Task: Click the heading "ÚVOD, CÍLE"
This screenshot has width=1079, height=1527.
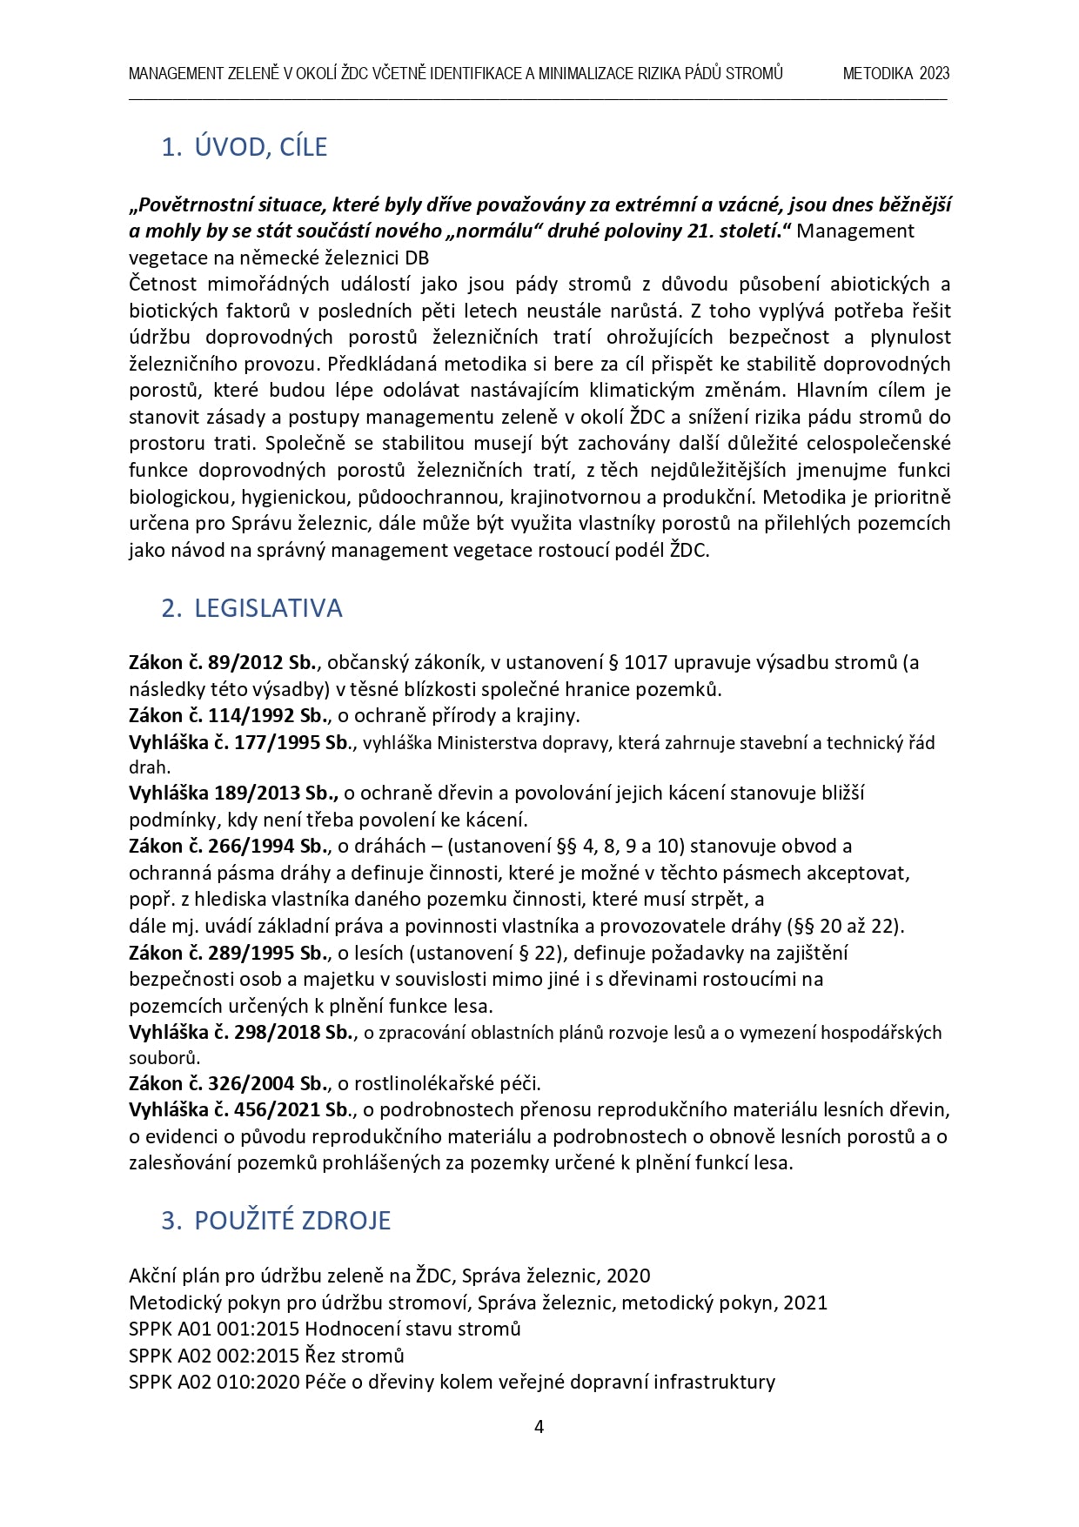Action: pos(260,147)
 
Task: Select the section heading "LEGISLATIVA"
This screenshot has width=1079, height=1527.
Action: pos(268,608)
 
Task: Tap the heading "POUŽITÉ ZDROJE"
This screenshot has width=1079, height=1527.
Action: pos(292,1221)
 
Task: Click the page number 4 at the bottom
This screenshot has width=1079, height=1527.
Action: pos(539,1427)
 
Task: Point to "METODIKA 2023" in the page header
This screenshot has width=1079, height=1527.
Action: pos(895,74)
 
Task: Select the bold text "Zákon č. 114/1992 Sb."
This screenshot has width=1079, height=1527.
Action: pos(229,716)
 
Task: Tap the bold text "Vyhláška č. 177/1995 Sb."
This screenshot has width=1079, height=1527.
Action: pos(239,743)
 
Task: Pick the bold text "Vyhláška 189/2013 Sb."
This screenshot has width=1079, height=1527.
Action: pos(233,794)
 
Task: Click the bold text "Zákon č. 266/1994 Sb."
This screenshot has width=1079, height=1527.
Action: pos(229,847)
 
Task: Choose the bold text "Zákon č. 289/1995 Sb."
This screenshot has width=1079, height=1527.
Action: pos(229,954)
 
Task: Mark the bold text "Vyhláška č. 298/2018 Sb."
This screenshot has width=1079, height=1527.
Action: pos(242,1033)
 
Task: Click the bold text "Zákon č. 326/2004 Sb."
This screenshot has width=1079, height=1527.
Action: pos(229,1084)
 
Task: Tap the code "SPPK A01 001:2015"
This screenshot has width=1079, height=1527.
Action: pos(213,1329)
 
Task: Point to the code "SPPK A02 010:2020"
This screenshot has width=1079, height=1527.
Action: pos(213,1382)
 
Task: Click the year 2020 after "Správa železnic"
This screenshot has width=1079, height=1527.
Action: pos(628,1276)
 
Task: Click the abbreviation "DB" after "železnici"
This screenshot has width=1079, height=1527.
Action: pos(417,258)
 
